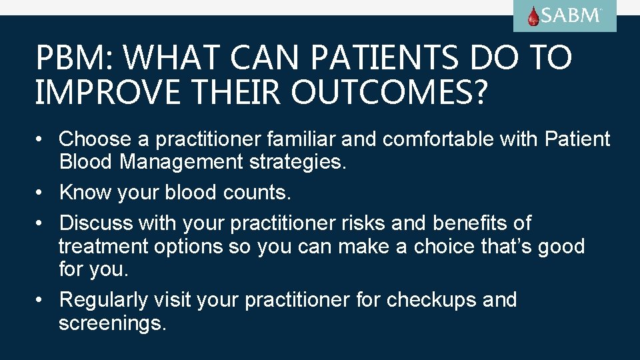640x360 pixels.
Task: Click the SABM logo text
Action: click(571, 15)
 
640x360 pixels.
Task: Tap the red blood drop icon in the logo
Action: click(533, 16)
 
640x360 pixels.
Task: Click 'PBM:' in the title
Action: click(74, 58)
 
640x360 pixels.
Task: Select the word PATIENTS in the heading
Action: click(385, 58)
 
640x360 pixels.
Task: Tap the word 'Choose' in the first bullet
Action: click(95, 139)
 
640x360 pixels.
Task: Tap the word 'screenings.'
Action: click(112, 324)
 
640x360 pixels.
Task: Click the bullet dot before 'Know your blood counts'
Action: click(41, 192)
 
